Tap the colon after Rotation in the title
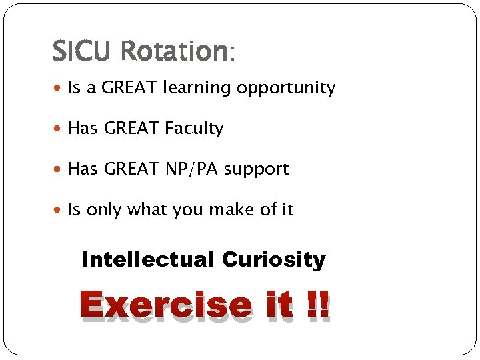(232, 53)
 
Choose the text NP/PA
(191, 169)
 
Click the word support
(257, 170)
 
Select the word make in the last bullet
(230, 210)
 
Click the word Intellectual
(147, 259)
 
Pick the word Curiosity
(273, 259)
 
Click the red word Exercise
(165, 306)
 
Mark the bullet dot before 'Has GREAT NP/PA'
(59, 170)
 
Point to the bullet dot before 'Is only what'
(59, 211)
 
